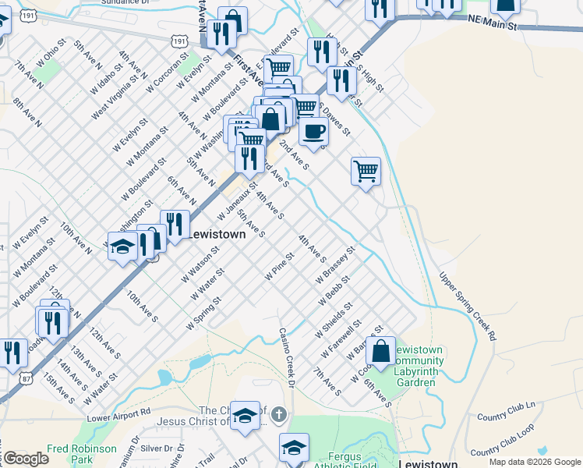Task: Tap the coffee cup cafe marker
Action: click(313, 132)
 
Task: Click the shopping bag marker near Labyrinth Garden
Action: click(381, 352)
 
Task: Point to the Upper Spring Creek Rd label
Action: click(467, 305)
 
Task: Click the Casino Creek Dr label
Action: click(287, 357)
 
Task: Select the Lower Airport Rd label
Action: click(118, 417)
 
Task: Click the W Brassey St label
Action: click(335, 266)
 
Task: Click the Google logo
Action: click(25, 459)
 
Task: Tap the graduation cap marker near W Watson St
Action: click(122, 249)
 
